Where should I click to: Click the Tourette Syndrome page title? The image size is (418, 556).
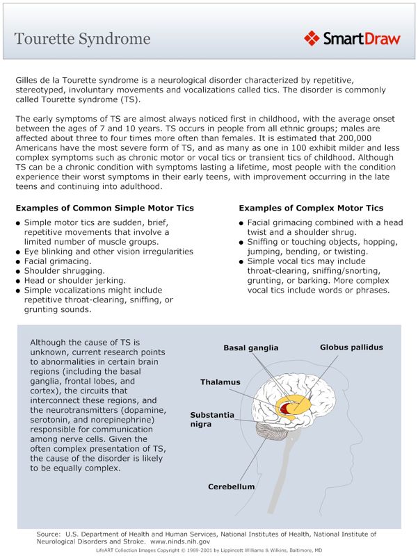point(82,38)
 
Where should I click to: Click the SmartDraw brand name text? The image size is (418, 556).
point(361,38)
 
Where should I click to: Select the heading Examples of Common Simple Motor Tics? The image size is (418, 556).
point(104,208)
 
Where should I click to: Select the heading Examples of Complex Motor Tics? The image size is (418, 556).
point(311,208)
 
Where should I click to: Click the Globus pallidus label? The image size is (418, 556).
point(351,347)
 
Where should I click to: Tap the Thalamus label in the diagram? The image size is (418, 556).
point(220,382)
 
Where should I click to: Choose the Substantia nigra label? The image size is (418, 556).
point(212,419)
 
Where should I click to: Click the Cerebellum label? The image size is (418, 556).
point(232,486)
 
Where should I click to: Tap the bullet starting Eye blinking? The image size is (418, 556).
point(108,251)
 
